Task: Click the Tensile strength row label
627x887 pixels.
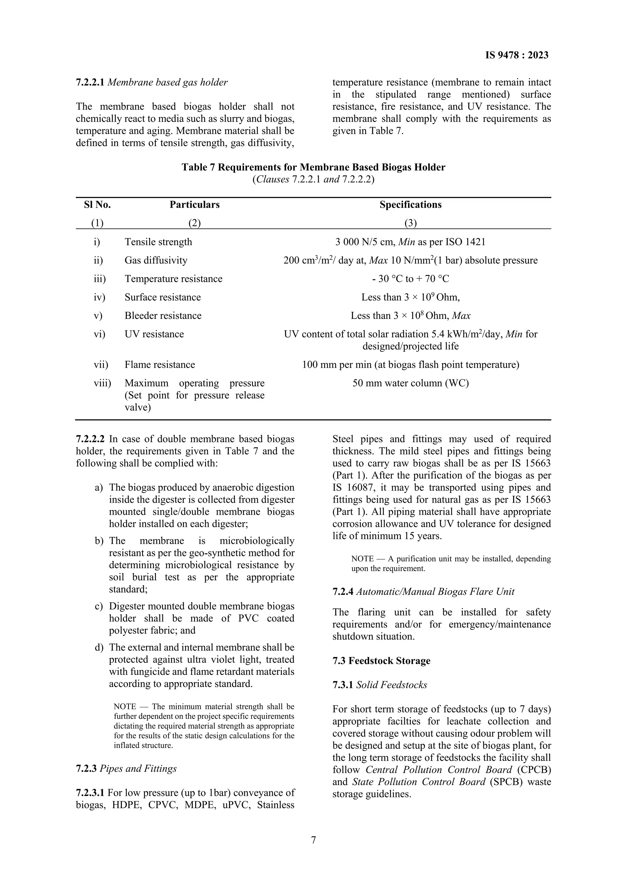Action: tap(158, 242)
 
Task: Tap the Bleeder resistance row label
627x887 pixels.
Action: tap(163, 316)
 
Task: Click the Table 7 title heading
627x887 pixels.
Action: tap(313, 167)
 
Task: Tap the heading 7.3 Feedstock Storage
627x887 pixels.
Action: tap(381, 661)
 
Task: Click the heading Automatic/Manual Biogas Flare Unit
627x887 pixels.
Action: tap(435, 591)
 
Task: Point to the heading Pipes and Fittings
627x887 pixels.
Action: tap(138, 768)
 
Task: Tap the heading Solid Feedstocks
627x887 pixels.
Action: tap(391, 685)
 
